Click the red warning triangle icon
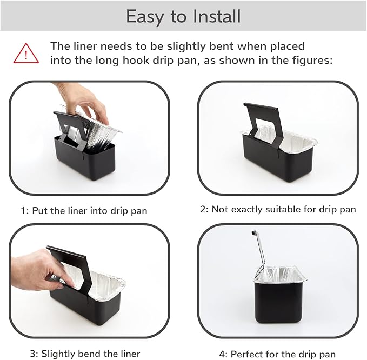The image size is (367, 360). (26, 54)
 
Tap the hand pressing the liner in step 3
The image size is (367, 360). (38, 269)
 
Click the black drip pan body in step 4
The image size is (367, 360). (278, 302)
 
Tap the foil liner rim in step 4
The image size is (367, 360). (280, 279)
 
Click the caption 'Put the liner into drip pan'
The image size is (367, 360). (90, 211)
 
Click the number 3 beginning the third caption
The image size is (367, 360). (33, 354)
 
